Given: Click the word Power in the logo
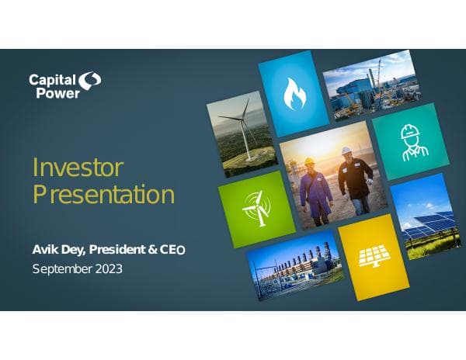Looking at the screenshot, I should (52, 92).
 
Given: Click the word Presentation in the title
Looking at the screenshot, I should (103, 194).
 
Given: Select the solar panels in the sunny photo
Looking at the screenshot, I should (426, 223).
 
